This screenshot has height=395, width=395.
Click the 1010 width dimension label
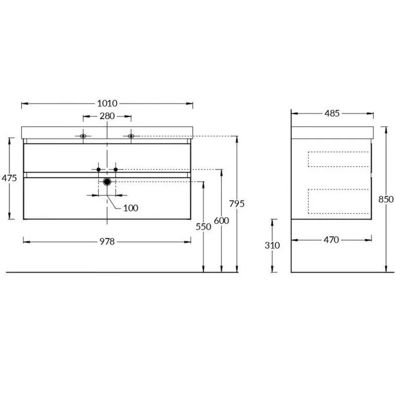click(x=107, y=103)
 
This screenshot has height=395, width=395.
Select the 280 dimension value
click(x=107, y=116)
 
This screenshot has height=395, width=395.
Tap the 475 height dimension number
click(x=9, y=178)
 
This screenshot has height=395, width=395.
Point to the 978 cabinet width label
click(x=107, y=242)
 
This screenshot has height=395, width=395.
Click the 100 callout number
click(x=131, y=208)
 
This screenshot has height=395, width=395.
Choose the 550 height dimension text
click(x=203, y=227)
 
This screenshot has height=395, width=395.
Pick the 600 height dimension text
click(x=222, y=221)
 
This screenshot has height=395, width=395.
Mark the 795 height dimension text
click(x=237, y=204)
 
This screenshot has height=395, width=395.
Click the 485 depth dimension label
click(x=332, y=114)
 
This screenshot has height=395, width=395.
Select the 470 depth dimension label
click(x=331, y=240)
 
